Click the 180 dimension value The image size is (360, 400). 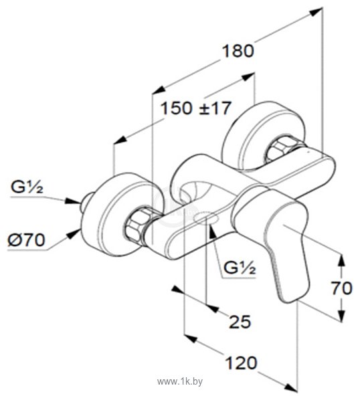coord(238,51)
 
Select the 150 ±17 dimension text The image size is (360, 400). coord(195,108)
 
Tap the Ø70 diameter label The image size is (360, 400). coord(26,240)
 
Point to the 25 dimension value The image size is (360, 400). coord(240,322)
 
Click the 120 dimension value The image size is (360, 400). coord(241,363)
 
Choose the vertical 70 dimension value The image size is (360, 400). coord(342,288)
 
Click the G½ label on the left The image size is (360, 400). coord(27,187)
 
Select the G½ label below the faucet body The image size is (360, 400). coord(240,268)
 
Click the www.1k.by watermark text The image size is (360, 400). coord(180,382)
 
